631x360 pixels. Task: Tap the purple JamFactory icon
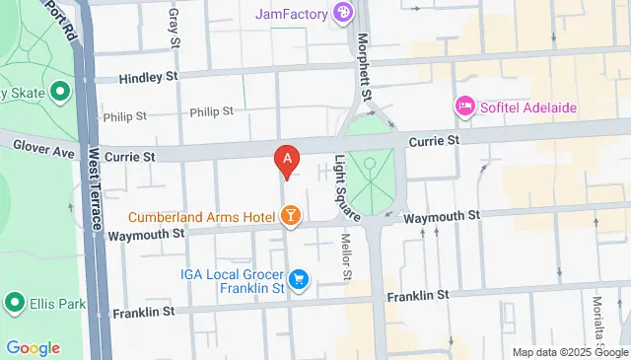(x=342, y=13)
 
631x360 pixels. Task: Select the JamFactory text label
(x=291, y=14)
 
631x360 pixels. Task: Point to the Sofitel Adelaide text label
(x=529, y=107)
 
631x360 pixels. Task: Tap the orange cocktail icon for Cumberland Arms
(x=291, y=214)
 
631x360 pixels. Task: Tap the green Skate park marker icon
(x=59, y=93)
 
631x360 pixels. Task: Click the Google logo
(x=33, y=348)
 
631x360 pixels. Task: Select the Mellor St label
(x=346, y=253)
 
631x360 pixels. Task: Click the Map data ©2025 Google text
(x=569, y=352)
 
